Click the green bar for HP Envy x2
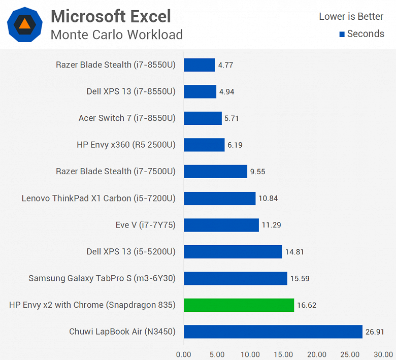click(x=239, y=305)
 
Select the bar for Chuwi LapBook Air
click(x=273, y=332)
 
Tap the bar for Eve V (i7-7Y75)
click(x=221, y=225)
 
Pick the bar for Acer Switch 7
click(x=203, y=118)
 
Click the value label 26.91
click(x=375, y=332)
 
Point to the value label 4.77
click(x=225, y=65)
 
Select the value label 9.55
click(x=257, y=172)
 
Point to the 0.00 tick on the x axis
click(x=184, y=354)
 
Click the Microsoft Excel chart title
click(x=111, y=16)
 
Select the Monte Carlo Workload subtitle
click(x=116, y=35)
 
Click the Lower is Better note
click(x=351, y=16)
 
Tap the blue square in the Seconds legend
click(x=342, y=35)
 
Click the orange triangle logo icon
click(x=24, y=24)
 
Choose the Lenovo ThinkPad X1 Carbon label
click(x=98, y=199)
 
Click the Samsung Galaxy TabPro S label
click(x=102, y=278)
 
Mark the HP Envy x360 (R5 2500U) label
click(x=126, y=145)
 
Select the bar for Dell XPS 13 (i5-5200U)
click(x=233, y=252)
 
